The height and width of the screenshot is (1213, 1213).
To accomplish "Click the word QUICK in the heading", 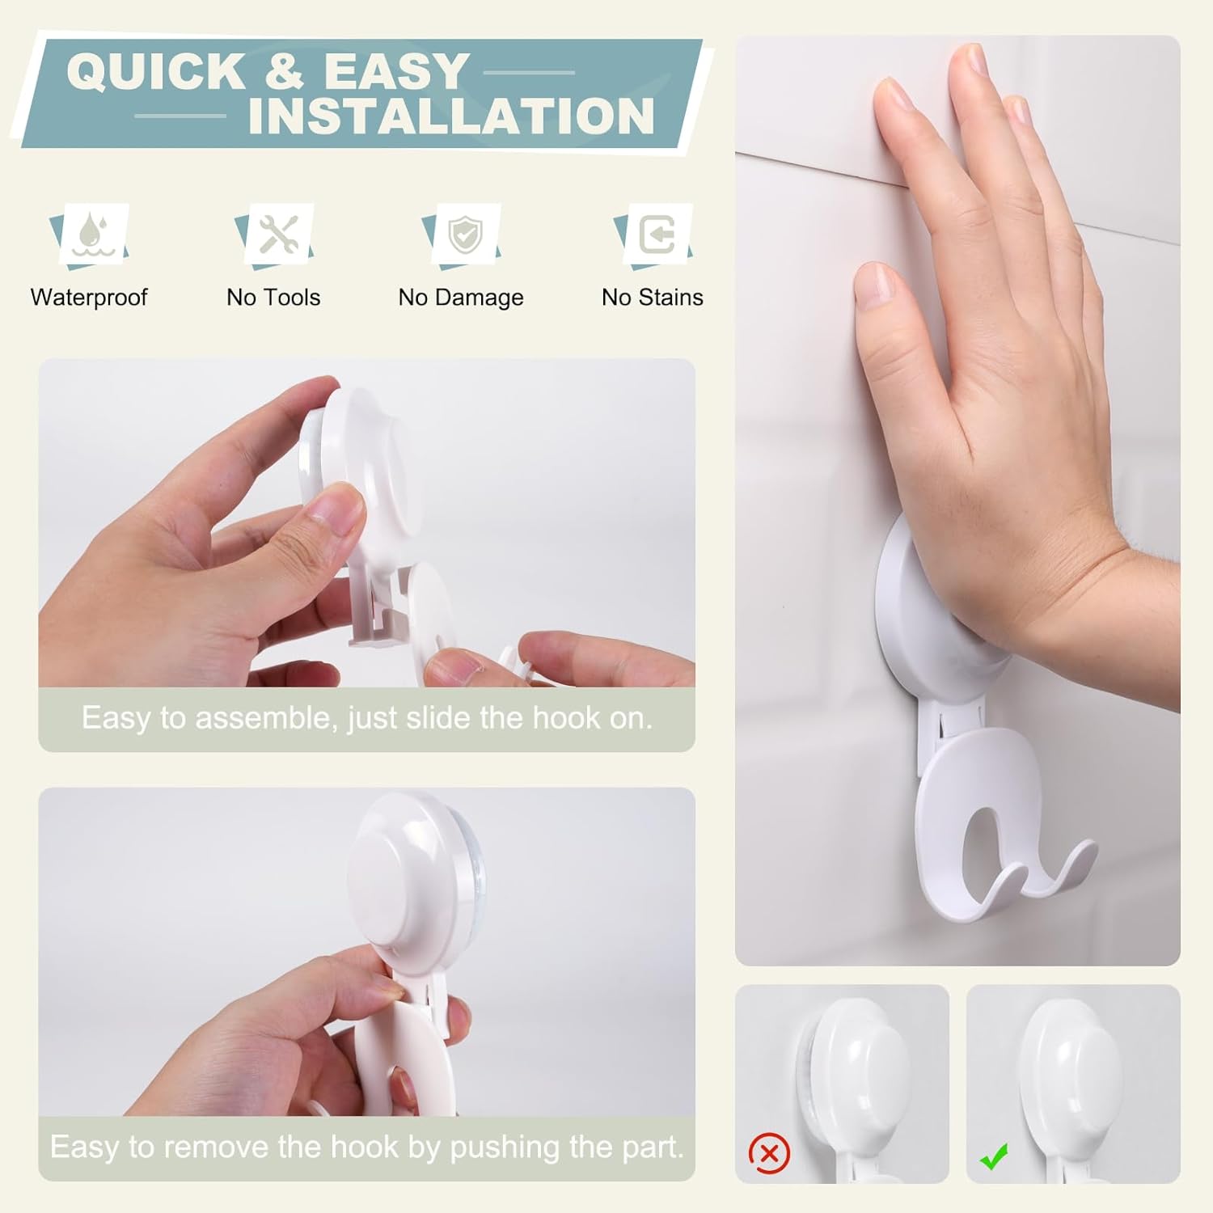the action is (x=156, y=71).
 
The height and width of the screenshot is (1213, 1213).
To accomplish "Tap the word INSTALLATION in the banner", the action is (x=451, y=116).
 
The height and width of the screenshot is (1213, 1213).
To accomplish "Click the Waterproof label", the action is (x=89, y=298).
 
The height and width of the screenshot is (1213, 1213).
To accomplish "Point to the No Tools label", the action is (x=273, y=298).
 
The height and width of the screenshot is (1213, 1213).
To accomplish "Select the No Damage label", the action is (x=461, y=298).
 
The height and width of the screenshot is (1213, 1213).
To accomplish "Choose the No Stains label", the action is (x=653, y=298).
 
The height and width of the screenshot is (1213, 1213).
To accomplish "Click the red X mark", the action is (x=769, y=1153).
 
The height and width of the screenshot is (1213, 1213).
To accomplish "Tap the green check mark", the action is (x=994, y=1156).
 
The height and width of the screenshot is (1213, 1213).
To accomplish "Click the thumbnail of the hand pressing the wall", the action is (x=957, y=500).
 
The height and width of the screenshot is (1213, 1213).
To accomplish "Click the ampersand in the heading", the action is (x=284, y=71).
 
